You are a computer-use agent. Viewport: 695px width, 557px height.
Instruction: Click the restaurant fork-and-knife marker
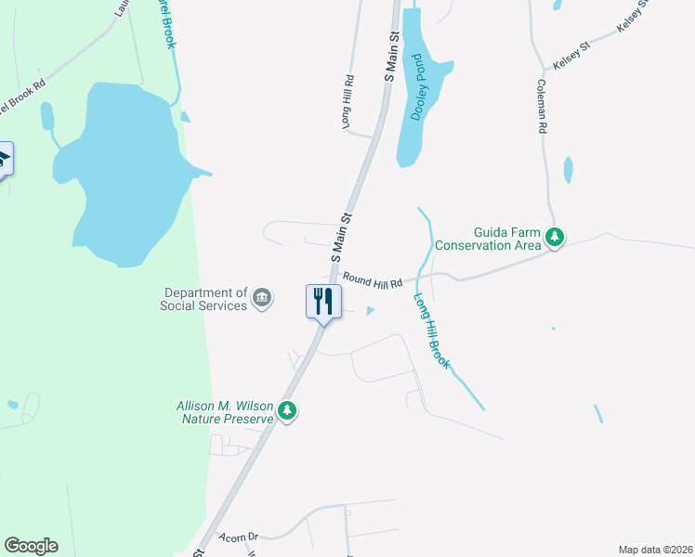323,302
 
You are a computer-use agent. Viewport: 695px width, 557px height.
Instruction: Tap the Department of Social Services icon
262,298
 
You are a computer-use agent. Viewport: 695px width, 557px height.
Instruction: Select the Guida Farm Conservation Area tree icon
555,238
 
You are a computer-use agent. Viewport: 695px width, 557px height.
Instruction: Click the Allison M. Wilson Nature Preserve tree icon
287,411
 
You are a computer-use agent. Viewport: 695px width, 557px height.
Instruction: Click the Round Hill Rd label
372,280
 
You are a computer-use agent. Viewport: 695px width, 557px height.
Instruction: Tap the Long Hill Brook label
431,331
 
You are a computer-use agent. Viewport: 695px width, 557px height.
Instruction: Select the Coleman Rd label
541,107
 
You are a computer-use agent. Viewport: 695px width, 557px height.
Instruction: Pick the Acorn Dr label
238,538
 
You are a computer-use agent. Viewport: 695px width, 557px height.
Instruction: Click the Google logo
31,546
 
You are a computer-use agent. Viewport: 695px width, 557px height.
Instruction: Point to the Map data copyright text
655,550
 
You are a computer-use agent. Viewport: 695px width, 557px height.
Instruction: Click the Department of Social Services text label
204,298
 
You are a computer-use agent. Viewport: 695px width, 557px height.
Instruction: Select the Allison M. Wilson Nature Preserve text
226,411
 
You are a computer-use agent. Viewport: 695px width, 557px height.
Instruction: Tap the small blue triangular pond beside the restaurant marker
372,311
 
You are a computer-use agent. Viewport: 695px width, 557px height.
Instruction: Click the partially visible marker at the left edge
5,159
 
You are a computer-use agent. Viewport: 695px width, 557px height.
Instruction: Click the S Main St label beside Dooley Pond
392,56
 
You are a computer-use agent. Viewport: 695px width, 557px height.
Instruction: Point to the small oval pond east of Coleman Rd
568,170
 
